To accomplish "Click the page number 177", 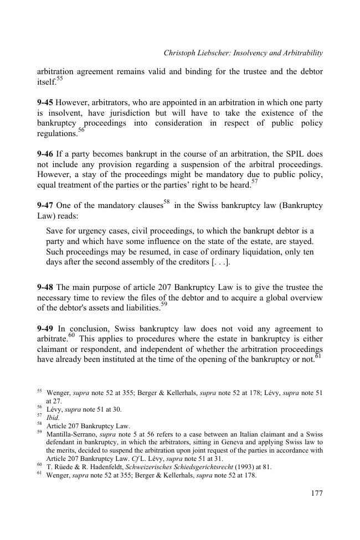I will (316, 493).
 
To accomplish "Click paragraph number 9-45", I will (45, 103).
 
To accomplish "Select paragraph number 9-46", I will (45, 153).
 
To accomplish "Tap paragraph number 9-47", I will (45, 205).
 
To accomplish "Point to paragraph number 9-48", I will (45, 287).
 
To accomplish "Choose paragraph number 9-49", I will (45, 329).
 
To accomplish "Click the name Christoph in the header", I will (181, 53).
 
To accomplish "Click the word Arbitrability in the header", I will (300, 53).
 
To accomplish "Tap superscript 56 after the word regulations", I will (81, 131).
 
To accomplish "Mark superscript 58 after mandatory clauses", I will (168, 202).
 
